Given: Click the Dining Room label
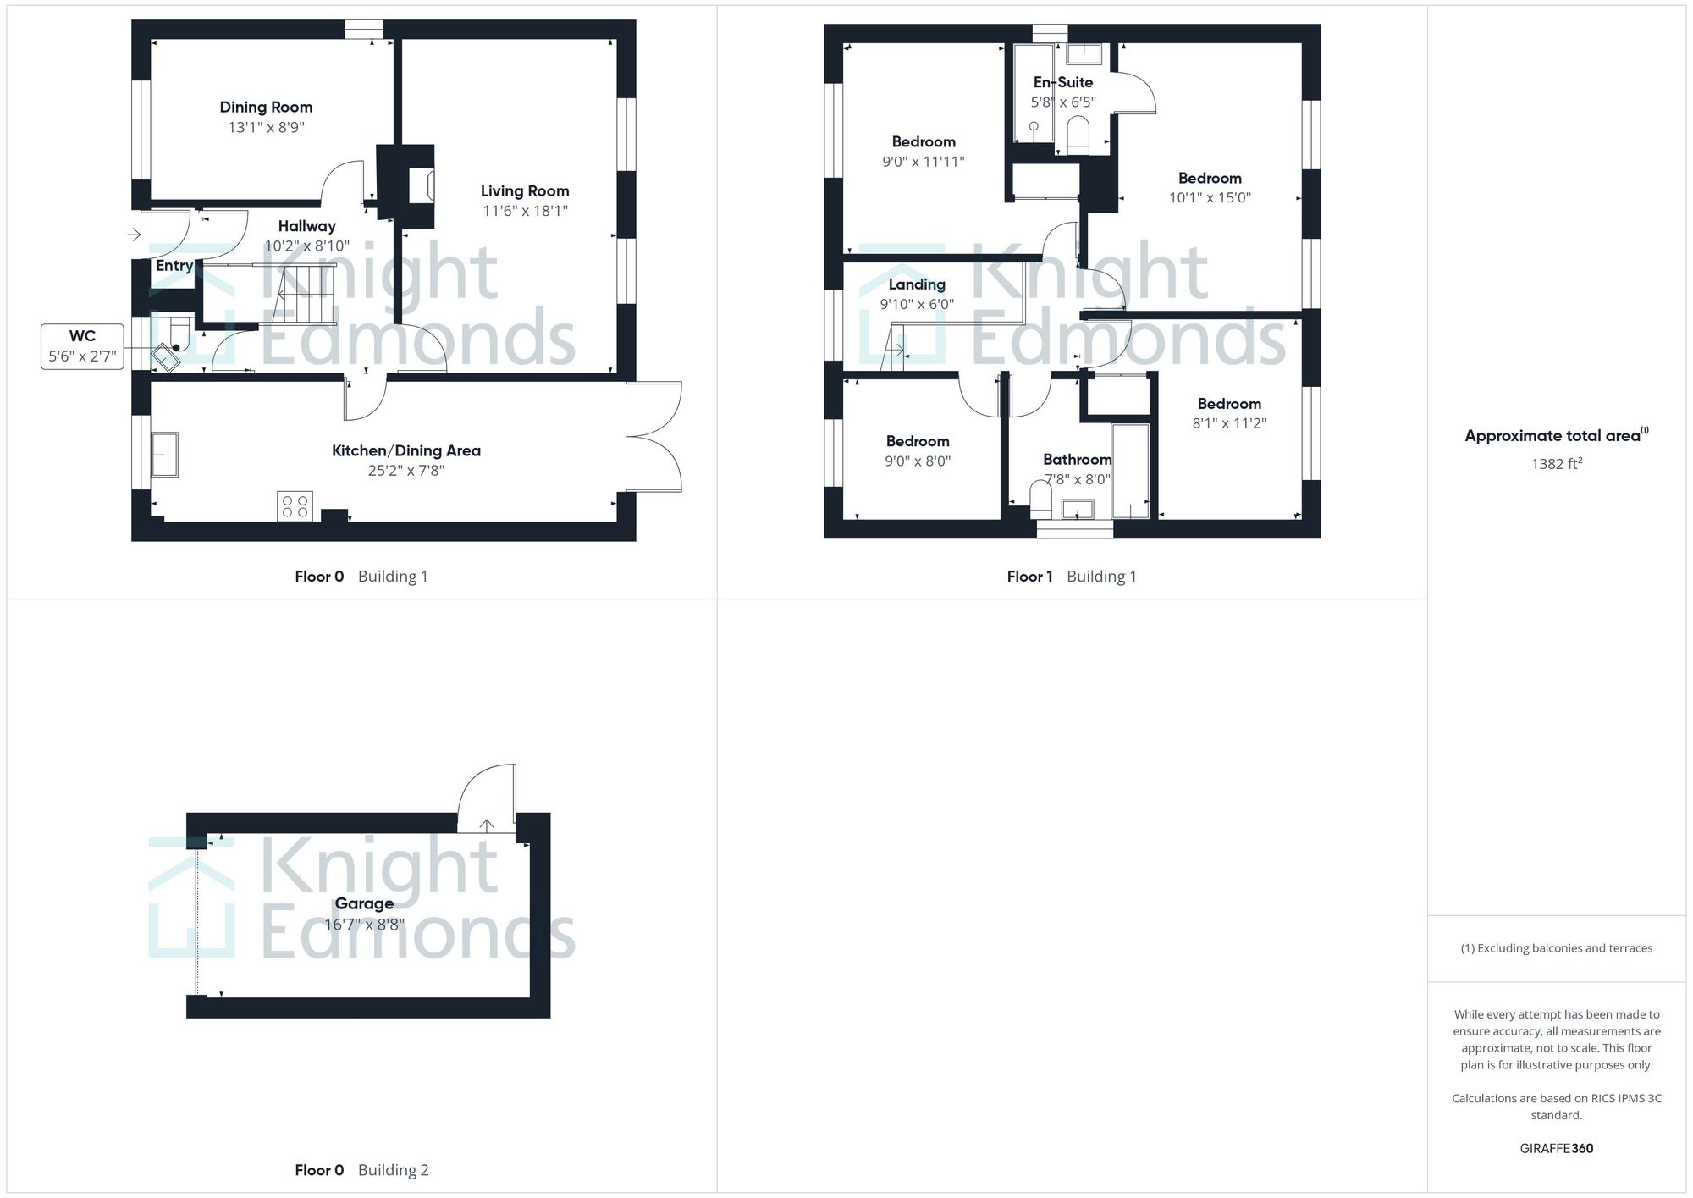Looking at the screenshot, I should click(266, 108).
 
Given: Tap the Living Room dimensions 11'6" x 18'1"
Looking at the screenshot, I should click(525, 211).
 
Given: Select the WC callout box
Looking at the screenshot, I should click(82, 346).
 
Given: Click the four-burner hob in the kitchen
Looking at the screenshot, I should click(295, 506).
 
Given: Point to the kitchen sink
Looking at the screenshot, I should click(164, 455).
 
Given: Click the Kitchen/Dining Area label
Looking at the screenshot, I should click(406, 451).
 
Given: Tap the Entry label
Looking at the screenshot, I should click(174, 266).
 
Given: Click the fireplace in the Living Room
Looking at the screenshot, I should click(422, 186).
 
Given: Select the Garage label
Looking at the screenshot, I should click(364, 903).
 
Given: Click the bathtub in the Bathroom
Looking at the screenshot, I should click(1130, 471).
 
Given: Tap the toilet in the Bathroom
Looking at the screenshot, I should click(1040, 500).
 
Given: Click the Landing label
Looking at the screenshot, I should click(917, 284).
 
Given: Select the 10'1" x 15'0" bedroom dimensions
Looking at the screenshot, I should click(1210, 198).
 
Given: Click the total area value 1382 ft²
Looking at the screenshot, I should click(1557, 464).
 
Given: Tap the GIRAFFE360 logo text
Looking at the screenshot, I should click(1556, 1149).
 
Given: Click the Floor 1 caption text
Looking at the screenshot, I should click(1029, 577).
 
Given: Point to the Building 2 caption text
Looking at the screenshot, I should click(393, 1170).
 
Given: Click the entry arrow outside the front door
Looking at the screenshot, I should click(135, 234).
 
